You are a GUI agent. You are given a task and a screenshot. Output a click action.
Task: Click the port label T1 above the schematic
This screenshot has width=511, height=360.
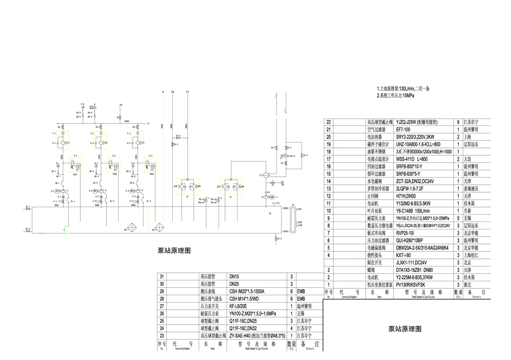click(x=188, y=93)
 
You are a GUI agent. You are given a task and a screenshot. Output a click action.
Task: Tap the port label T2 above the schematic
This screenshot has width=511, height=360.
click(x=173, y=93)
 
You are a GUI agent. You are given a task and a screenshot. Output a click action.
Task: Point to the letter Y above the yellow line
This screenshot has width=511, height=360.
click(x=163, y=93)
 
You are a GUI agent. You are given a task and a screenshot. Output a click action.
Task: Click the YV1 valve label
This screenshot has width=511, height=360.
click(x=74, y=175)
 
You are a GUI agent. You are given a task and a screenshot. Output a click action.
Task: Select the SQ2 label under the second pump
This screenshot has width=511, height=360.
click(x=97, y=205)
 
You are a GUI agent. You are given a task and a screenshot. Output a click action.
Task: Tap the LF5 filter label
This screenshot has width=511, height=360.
click(x=175, y=186)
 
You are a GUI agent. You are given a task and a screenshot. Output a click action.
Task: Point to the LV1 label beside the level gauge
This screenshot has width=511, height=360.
click(x=299, y=209)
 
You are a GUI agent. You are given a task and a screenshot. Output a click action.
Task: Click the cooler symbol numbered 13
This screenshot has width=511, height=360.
click(x=267, y=175)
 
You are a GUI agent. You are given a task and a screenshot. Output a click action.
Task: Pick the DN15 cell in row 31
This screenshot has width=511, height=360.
click(x=235, y=276)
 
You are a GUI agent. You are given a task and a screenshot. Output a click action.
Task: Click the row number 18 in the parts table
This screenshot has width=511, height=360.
click(x=328, y=151)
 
